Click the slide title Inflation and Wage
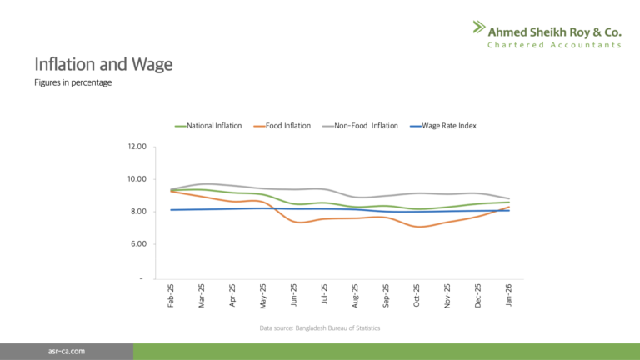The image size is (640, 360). click(103, 64)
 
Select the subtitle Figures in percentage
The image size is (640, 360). click(72, 82)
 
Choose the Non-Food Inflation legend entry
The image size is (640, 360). click(360, 126)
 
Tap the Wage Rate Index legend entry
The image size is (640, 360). click(448, 126)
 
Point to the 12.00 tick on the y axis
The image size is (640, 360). click(136, 147)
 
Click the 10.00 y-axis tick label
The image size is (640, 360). click(136, 179)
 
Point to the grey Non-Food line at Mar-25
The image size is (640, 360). click(202, 184)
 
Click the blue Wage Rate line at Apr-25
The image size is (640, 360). click(232, 208)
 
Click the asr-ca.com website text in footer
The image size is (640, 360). click(66, 352)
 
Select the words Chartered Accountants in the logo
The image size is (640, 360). click(554, 44)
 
